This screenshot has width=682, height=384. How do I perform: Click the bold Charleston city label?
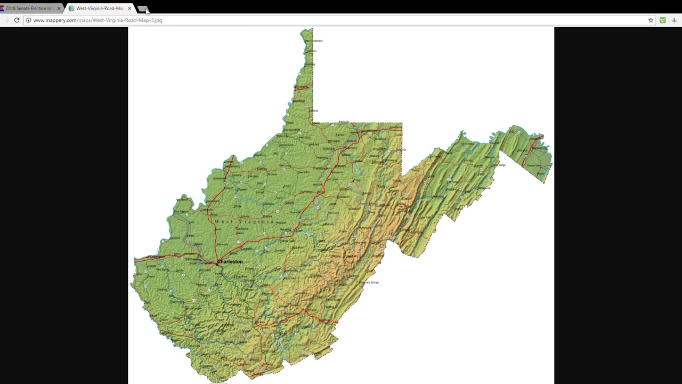click(230, 262)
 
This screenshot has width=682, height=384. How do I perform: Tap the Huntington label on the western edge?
click(156, 257)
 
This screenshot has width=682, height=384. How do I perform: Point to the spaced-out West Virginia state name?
click(244, 221)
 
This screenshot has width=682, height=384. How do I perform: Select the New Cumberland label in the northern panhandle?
click(316, 41)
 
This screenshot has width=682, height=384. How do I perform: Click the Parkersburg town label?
click(219, 179)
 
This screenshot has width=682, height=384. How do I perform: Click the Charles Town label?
click(533, 166)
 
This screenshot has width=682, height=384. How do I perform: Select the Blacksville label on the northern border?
click(344, 122)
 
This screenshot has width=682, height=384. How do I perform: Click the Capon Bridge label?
click(499, 165)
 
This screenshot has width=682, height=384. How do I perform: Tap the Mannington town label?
click(334, 141)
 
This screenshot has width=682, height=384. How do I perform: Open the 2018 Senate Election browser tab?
click(29, 9)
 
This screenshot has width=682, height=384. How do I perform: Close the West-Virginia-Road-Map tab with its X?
click(129, 9)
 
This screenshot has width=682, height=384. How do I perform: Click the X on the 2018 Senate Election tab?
click(59, 9)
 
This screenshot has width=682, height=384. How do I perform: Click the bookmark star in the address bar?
click(651, 20)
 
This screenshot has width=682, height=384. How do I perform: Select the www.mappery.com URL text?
click(98, 20)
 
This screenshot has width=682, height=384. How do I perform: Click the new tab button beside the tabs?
click(142, 9)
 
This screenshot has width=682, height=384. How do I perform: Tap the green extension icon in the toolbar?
click(662, 20)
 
